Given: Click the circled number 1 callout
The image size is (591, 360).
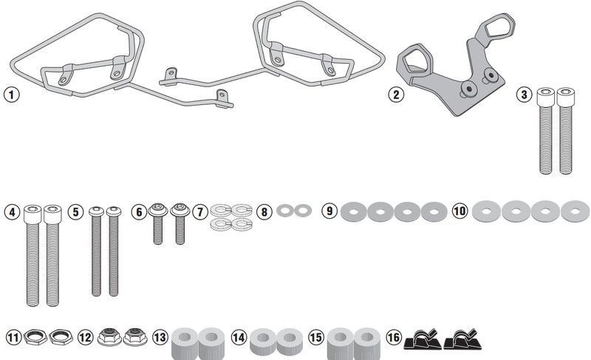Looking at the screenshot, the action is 11,94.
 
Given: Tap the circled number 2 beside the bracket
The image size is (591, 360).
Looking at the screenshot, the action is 396,94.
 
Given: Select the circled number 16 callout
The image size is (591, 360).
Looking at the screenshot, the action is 394,337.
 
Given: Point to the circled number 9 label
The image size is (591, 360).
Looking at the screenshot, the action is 329,211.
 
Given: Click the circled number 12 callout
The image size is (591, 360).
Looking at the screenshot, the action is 85,337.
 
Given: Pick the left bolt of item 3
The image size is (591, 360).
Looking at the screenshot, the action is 545,131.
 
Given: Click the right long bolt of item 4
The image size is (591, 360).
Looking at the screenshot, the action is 52,255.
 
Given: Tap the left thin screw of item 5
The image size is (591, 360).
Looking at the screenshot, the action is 97,251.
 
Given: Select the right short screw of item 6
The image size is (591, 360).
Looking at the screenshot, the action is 180,224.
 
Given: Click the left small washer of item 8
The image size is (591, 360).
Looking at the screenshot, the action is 284,211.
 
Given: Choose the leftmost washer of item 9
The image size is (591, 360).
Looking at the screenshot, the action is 354,212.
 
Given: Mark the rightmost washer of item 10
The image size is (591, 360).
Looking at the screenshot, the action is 575,211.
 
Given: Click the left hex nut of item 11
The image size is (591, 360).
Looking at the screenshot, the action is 35,336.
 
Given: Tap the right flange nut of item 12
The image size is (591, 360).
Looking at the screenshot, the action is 134,336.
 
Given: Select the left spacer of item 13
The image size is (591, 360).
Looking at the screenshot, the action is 185,344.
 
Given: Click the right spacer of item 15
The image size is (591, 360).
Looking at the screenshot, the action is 367,343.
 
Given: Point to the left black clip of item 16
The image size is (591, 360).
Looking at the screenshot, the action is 423,339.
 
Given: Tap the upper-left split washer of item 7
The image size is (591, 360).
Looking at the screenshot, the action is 221,210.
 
